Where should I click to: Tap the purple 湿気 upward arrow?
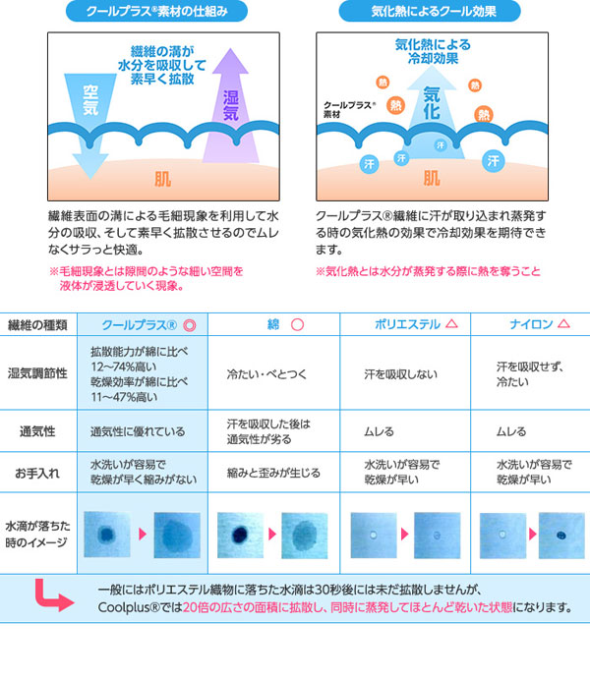point(231,106)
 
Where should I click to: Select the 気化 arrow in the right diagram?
point(432,112)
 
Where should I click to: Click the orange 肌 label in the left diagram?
point(163,179)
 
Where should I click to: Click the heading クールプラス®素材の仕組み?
point(156,11)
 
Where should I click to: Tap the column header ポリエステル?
point(407,324)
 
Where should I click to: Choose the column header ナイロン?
point(531,324)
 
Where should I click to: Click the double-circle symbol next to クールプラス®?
point(190,325)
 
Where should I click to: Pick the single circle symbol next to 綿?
point(297,324)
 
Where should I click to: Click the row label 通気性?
point(37,431)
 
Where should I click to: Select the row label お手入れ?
point(37,473)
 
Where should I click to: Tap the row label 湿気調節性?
point(37,373)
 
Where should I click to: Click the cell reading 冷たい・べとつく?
point(266,374)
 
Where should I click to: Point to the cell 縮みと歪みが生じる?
point(273,473)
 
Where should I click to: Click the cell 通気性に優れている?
point(138,431)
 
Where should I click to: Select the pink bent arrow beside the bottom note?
point(54,595)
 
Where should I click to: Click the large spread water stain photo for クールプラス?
point(177,536)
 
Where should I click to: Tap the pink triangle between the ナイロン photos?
point(532,534)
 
